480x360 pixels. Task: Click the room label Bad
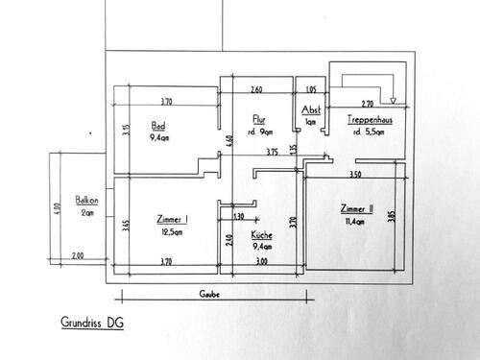158,126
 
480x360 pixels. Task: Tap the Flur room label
258,121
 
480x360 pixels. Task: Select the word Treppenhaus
368,120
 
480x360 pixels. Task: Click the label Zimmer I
171,219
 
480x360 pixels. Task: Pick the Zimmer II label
355,208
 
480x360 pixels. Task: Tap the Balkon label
86,202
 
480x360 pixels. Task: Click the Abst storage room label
310,111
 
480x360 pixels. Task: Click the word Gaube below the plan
209,294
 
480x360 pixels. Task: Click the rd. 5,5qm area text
368,132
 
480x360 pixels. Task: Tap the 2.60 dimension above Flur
257,89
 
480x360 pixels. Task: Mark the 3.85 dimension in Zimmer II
391,217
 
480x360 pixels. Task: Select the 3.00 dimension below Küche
261,260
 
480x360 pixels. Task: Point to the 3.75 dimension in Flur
272,151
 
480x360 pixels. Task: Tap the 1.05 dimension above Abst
310,89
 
